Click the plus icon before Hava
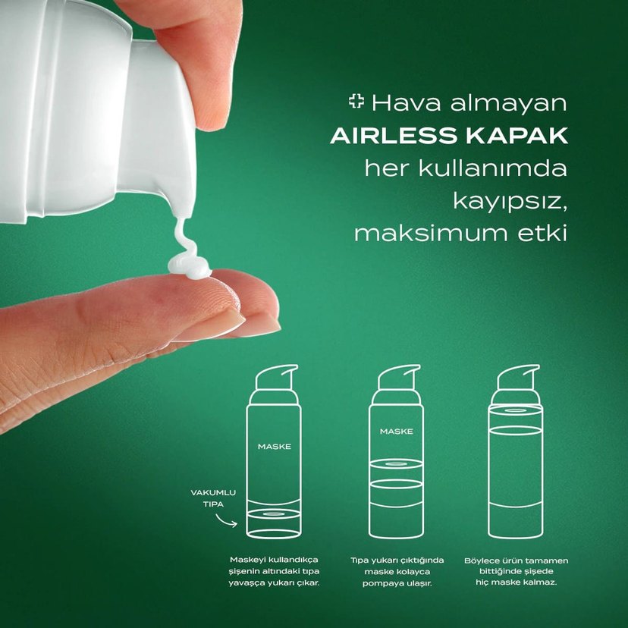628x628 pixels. coord(356,101)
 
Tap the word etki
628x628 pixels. coord(541,233)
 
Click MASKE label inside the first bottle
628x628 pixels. coord(274,446)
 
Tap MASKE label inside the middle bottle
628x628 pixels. coord(396,431)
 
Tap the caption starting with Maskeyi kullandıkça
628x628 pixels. coord(274,571)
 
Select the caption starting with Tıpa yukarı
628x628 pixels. coord(396,571)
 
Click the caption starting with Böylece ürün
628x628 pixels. coord(517,571)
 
